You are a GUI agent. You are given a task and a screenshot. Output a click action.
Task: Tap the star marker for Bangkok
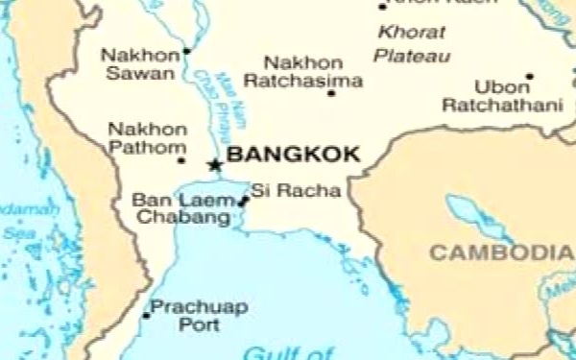click(x=215, y=165)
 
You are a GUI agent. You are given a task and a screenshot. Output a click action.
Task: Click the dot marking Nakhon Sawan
click(x=186, y=51)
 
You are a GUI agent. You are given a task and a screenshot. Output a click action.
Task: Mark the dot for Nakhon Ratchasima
click(x=331, y=93)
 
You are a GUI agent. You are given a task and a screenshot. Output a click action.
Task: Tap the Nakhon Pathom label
click(x=146, y=138)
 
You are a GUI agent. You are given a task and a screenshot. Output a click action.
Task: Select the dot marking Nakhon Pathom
click(x=181, y=160)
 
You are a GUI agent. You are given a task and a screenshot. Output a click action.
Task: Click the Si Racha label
click(x=296, y=191)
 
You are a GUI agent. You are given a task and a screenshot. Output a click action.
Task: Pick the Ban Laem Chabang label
click(x=182, y=209)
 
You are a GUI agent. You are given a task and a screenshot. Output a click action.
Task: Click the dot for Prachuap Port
click(x=147, y=315)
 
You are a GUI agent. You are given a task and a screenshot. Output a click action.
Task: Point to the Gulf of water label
click(x=288, y=352)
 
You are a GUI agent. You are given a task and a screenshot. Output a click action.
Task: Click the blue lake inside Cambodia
click(x=470, y=217)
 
